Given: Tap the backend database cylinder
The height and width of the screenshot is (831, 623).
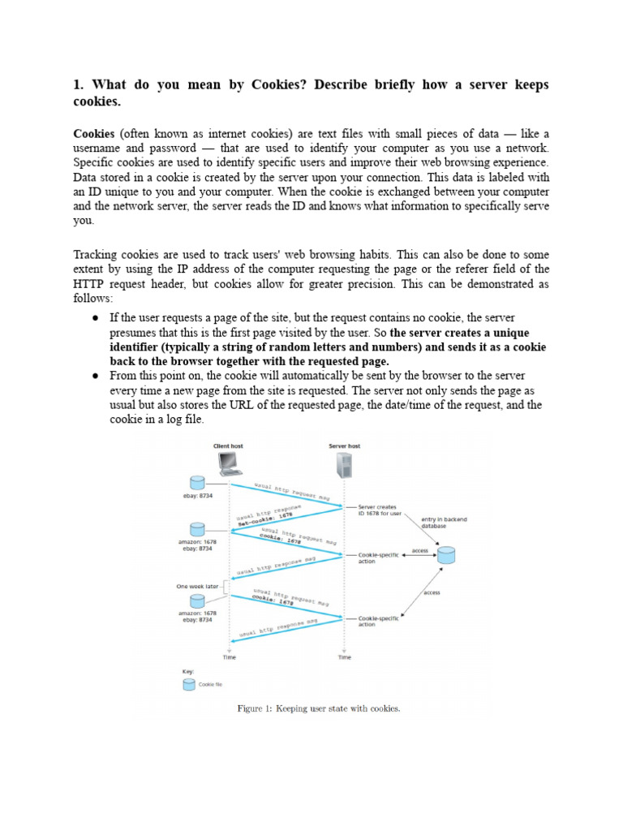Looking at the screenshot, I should (445, 555).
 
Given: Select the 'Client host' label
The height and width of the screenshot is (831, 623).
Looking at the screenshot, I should (228, 446).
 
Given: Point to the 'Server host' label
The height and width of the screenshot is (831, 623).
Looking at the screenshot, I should (345, 446).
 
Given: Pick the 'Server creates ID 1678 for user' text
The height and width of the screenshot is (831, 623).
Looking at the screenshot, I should (379, 508).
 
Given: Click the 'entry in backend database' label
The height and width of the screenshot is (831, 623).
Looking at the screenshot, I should (444, 522).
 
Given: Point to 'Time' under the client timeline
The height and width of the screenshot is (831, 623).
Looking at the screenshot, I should (230, 657).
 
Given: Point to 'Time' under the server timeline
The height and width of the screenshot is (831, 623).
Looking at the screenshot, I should (345, 657).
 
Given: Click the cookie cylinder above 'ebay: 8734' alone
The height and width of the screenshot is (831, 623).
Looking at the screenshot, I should (195, 483).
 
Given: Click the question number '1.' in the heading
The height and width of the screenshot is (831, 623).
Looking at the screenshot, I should (79, 85).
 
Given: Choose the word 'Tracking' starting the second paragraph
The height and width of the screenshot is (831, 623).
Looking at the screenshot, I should (97, 252).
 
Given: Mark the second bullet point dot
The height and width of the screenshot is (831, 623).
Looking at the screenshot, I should (96, 376).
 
